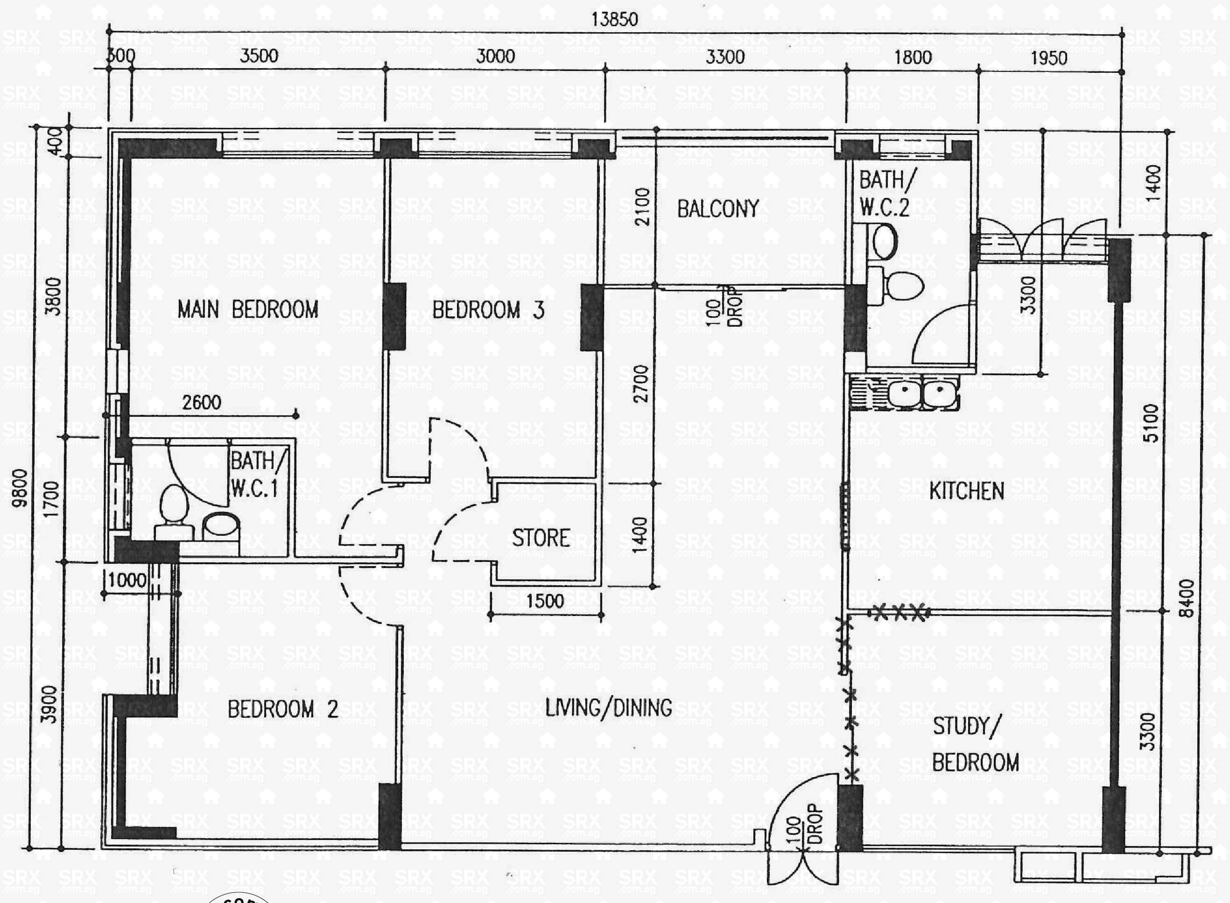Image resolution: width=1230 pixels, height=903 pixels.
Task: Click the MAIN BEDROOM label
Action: click(248, 309)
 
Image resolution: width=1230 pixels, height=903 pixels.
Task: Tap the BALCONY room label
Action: click(718, 209)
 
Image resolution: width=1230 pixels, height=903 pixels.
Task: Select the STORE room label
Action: click(541, 538)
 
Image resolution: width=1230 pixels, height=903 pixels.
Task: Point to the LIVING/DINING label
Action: click(608, 708)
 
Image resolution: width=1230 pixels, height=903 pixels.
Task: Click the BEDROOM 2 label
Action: click(282, 709)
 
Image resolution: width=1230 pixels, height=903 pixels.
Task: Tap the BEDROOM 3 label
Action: click(488, 310)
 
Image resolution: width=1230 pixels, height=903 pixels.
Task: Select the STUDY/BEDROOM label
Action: click(975, 744)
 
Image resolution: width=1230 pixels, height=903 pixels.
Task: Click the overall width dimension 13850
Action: click(614, 20)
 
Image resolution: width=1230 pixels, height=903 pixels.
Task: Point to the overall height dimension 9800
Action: click(20, 488)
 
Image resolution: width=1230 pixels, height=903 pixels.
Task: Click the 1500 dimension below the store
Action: click(544, 601)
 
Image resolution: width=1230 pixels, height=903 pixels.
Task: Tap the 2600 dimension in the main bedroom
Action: click(202, 403)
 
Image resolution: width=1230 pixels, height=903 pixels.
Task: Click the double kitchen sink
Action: click(922, 392)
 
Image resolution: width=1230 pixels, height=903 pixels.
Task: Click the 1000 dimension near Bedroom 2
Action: click(127, 580)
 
